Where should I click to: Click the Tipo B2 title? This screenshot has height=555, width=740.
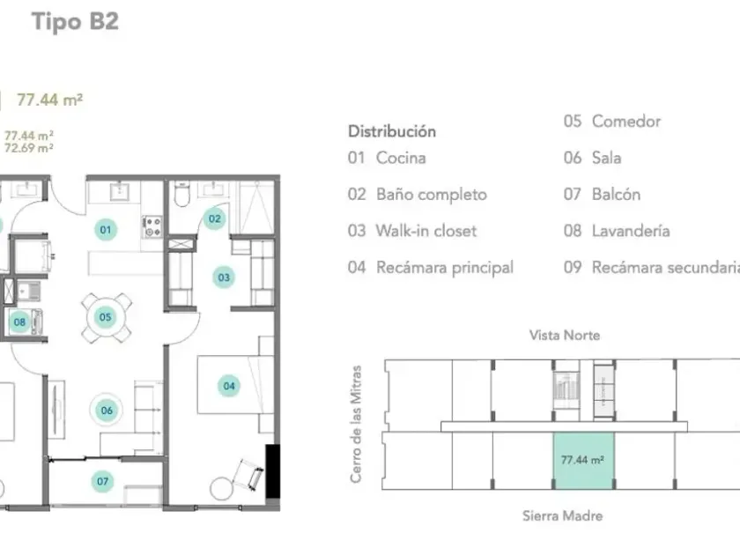coord(75,22)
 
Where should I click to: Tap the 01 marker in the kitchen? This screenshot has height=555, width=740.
coord(105,230)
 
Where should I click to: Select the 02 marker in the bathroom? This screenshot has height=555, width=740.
coord(214,219)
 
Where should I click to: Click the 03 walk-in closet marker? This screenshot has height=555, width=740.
coord(224,277)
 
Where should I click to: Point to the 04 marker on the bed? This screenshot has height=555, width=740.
coord(229,386)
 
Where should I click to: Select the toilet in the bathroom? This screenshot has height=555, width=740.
coord(181,195)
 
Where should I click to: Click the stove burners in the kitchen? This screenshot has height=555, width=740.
coord(152,226)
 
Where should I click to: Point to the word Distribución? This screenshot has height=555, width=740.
coord(392,131)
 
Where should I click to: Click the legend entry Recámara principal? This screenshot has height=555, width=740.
coord(445,268)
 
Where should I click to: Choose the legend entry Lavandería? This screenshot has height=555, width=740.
coord(631,231)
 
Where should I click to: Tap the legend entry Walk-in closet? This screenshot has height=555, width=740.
coord(426,231)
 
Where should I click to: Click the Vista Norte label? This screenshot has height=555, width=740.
coord(565,336)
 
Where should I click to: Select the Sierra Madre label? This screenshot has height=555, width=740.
coord(563,516)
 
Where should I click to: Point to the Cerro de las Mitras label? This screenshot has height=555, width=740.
coord(356,424)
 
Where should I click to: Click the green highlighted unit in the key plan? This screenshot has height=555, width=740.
coord(584,461)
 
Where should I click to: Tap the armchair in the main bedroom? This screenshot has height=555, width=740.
coord(248,474)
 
